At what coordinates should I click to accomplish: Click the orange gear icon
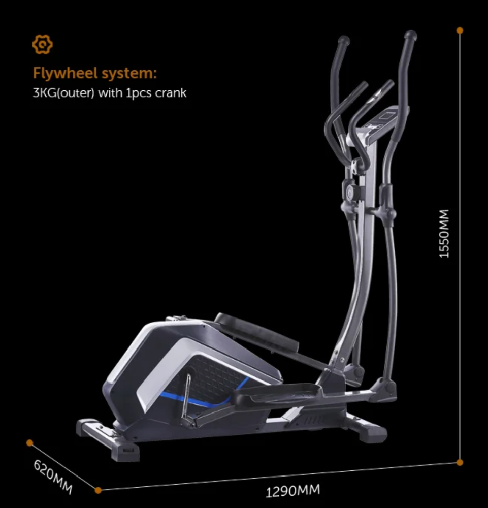[43, 45]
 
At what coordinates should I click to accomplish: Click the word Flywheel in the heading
[66, 73]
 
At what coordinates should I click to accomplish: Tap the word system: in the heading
[129, 73]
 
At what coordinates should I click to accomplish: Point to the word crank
[171, 93]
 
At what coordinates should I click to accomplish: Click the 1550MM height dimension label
[444, 233]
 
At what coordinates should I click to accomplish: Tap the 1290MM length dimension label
[293, 491]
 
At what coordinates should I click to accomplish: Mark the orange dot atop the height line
[460, 30]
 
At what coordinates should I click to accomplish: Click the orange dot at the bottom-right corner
[460, 462]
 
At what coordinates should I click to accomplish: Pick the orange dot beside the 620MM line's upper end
[30, 442]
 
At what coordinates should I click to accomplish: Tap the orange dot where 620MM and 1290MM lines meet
[98, 490]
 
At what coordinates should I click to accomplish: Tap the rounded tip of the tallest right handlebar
[410, 36]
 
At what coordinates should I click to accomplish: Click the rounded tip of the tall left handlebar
[344, 40]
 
